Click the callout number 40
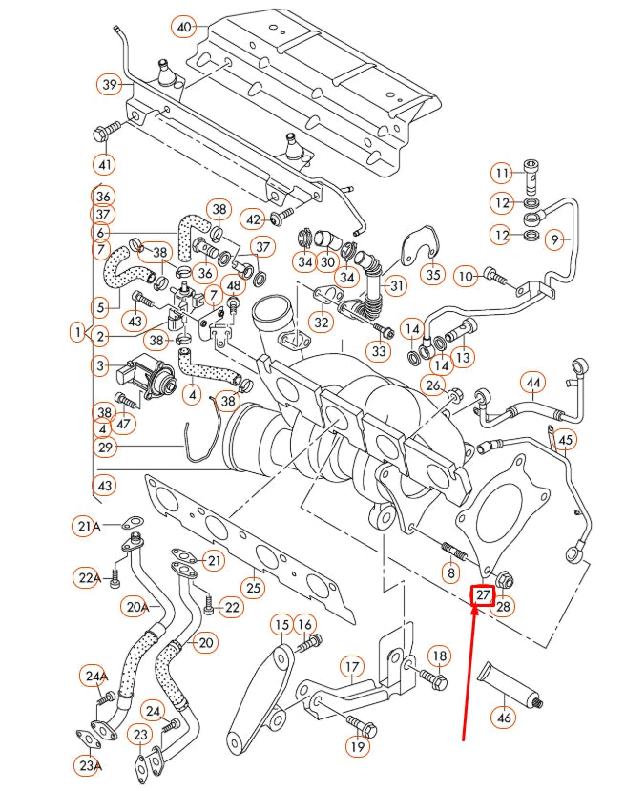pyautogui.click(x=184, y=26)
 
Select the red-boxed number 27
pyautogui.click(x=484, y=594)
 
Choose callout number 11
pyautogui.click(x=503, y=173)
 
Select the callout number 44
pyautogui.click(x=533, y=383)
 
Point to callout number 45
pyautogui.click(x=567, y=440)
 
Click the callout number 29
pyautogui.click(x=104, y=447)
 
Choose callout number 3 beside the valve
pyautogui.click(x=100, y=364)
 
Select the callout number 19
pyautogui.click(x=358, y=747)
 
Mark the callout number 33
pyautogui.click(x=380, y=352)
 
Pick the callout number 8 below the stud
pyautogui.click(x=449, y=572)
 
